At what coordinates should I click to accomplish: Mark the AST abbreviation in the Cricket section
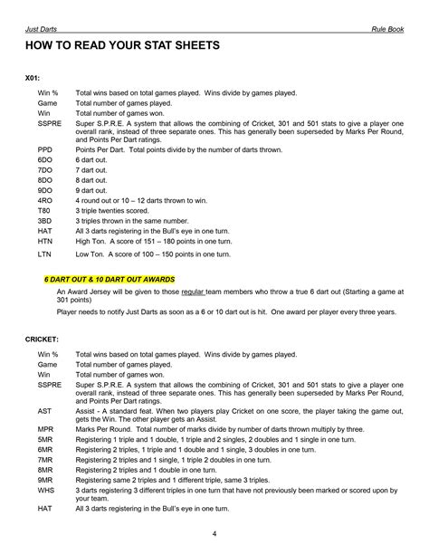pos(44,409)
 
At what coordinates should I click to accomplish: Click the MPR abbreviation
pos(45,431)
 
